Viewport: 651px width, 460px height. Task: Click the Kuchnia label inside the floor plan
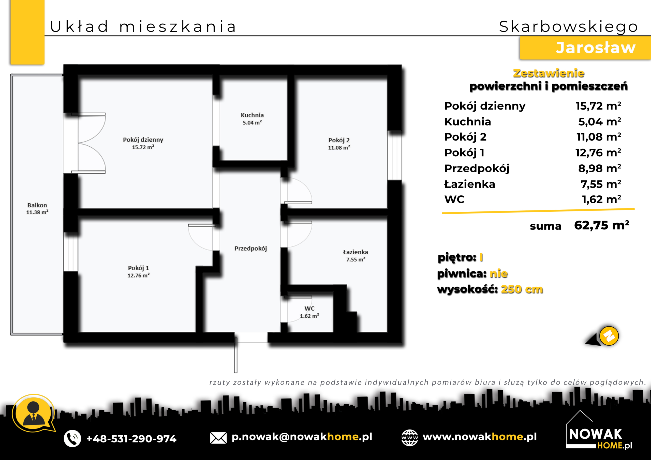click(x=252, y=115)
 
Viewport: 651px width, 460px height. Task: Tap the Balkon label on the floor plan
click(x=37, y=205)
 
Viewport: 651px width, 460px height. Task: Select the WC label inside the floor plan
click(x=309, y=308)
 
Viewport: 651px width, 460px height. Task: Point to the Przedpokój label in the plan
click(x=251, y=249)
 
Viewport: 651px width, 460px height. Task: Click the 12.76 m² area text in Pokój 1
click(x=138, y=275)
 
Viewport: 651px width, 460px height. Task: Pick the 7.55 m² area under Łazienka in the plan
click(x=356, y=259)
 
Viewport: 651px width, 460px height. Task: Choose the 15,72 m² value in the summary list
click(x=598, y=106)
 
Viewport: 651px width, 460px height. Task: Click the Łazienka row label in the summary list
click(x=469, y=184)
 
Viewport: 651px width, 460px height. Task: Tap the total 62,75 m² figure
click(x=602, y=225)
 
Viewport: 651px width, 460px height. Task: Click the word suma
click(x=545, y=226)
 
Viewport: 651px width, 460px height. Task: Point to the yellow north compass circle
click(x=609, y=336)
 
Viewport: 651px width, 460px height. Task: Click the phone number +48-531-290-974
click(x=131, y=438)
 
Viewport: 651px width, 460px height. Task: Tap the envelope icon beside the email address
click(x=218, y=438)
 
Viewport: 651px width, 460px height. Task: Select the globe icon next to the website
click(x=409, y=438)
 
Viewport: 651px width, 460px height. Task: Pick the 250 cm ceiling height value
click(x=522, y=289)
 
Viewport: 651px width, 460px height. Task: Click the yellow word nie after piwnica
click(x=499, y=273)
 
